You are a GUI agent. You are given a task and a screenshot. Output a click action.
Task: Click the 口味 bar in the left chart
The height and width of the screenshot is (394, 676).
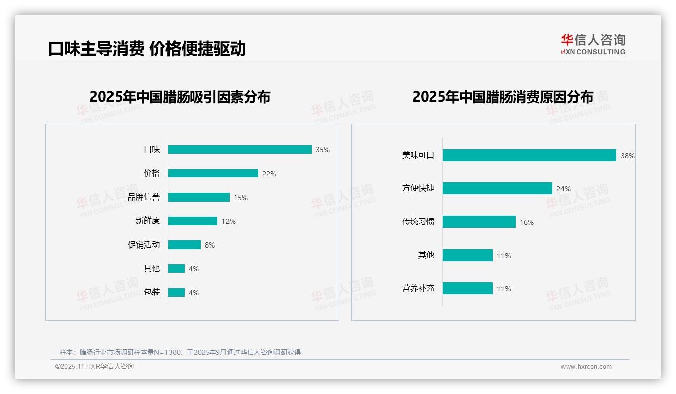[x=240, y=150]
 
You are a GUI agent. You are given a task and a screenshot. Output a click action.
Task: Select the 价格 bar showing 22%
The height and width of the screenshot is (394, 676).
[x=213, y=173]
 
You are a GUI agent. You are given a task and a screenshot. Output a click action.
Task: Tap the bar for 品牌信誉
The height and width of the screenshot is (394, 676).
[x=199, y=198]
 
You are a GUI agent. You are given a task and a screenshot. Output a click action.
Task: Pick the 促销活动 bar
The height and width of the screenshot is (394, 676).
[x=184, y=245]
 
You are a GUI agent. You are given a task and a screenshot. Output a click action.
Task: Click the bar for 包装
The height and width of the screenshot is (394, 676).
[x=177, y=292]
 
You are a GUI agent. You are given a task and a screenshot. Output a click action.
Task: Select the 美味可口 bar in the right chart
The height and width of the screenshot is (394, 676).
[x=529, y=155]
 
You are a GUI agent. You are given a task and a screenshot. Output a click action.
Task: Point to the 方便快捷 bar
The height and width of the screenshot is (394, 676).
[x=497, y=188]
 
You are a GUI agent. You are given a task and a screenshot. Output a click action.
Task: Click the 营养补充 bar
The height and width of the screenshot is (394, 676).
[x=468, y=288]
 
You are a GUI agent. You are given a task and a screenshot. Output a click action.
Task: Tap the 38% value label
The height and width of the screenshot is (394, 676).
[x=627, y=156]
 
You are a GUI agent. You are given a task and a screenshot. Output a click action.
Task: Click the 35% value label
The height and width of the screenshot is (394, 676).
[x=323, y=150]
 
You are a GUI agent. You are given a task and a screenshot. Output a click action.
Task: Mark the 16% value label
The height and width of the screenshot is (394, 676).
[x=526, y=222]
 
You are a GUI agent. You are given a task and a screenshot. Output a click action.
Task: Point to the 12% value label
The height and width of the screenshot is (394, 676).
[x=229, y=221]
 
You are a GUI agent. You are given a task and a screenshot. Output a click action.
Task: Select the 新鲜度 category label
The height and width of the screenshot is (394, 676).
[x=147, y=221]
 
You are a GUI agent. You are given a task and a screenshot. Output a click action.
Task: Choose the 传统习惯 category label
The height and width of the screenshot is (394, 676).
[x=418, y=222]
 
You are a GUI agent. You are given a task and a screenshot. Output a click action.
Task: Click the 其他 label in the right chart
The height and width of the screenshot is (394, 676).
[x=426, y=255]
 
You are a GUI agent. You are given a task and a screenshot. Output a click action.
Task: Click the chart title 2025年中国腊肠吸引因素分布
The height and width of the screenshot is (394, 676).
[x=180, y=97]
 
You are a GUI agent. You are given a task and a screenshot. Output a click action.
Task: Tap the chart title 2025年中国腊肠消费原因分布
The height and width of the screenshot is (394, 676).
[x=502, y=97]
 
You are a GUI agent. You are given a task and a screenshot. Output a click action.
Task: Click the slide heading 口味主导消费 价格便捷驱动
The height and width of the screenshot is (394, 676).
[x=147, y=49]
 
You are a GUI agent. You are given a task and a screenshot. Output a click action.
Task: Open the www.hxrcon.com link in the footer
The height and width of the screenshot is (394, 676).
[x=586, y=367]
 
